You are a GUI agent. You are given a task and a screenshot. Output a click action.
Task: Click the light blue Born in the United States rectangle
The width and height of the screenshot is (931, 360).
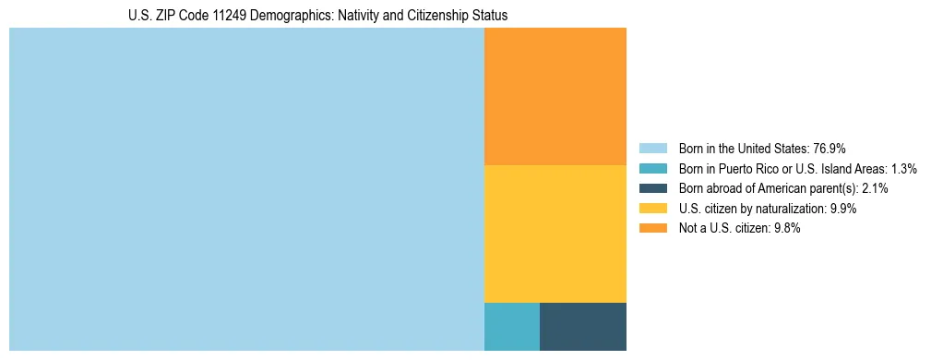coord(246,189)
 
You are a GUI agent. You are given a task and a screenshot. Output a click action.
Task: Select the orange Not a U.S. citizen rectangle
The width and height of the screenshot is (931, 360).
coord(555,96)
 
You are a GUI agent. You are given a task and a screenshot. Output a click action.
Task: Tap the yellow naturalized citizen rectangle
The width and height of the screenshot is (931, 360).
coord(555,234)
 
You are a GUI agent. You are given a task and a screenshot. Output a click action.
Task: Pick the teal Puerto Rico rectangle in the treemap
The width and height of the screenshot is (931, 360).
coord(512,326)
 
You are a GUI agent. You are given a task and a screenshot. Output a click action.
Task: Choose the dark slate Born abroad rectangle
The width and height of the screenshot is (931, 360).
coord(583,326)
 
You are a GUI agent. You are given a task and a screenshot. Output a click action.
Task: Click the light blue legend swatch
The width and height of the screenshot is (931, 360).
coord(652,149)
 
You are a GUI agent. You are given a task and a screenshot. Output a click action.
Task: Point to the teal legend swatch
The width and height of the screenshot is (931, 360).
coord(652,169)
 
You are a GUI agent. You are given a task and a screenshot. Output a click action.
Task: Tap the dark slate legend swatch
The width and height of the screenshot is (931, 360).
coord(652,188)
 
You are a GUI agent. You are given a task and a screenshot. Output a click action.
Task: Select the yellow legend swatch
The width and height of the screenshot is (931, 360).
coord(652,209)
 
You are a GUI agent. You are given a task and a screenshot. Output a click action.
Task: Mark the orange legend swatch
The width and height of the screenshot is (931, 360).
coord(652,229)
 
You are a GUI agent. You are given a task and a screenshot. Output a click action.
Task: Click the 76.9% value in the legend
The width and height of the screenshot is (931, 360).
coord(830,149)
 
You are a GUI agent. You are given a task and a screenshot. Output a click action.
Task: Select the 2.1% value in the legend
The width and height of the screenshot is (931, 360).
coord(873,188)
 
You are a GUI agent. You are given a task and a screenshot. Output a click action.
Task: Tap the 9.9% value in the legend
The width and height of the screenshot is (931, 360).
coord(843,209)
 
